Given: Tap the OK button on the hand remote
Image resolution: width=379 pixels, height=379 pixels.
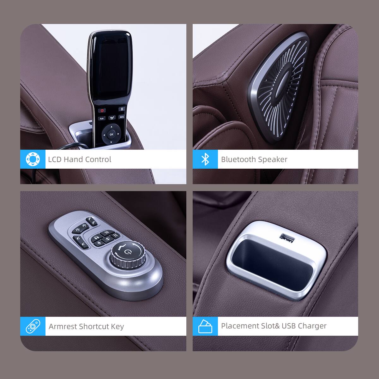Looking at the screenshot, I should coord(111,134).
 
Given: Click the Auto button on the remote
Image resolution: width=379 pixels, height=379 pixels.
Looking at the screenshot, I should coord(101,118).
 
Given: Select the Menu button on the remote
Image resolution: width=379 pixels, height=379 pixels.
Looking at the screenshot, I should coord(122,117).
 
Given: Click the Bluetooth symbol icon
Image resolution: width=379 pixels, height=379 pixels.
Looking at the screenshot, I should coord(205,159).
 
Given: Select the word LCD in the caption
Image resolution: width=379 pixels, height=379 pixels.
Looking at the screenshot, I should coord(55,159).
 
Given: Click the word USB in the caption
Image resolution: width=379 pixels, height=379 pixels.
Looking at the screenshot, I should coord(290,326).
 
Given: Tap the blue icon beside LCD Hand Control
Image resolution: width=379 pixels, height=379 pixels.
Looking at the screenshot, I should coord(33,159).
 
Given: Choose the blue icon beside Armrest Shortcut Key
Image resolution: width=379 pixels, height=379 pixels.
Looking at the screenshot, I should coord(33,326).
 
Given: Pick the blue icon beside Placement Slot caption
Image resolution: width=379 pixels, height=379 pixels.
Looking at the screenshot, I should coord(205,326).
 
